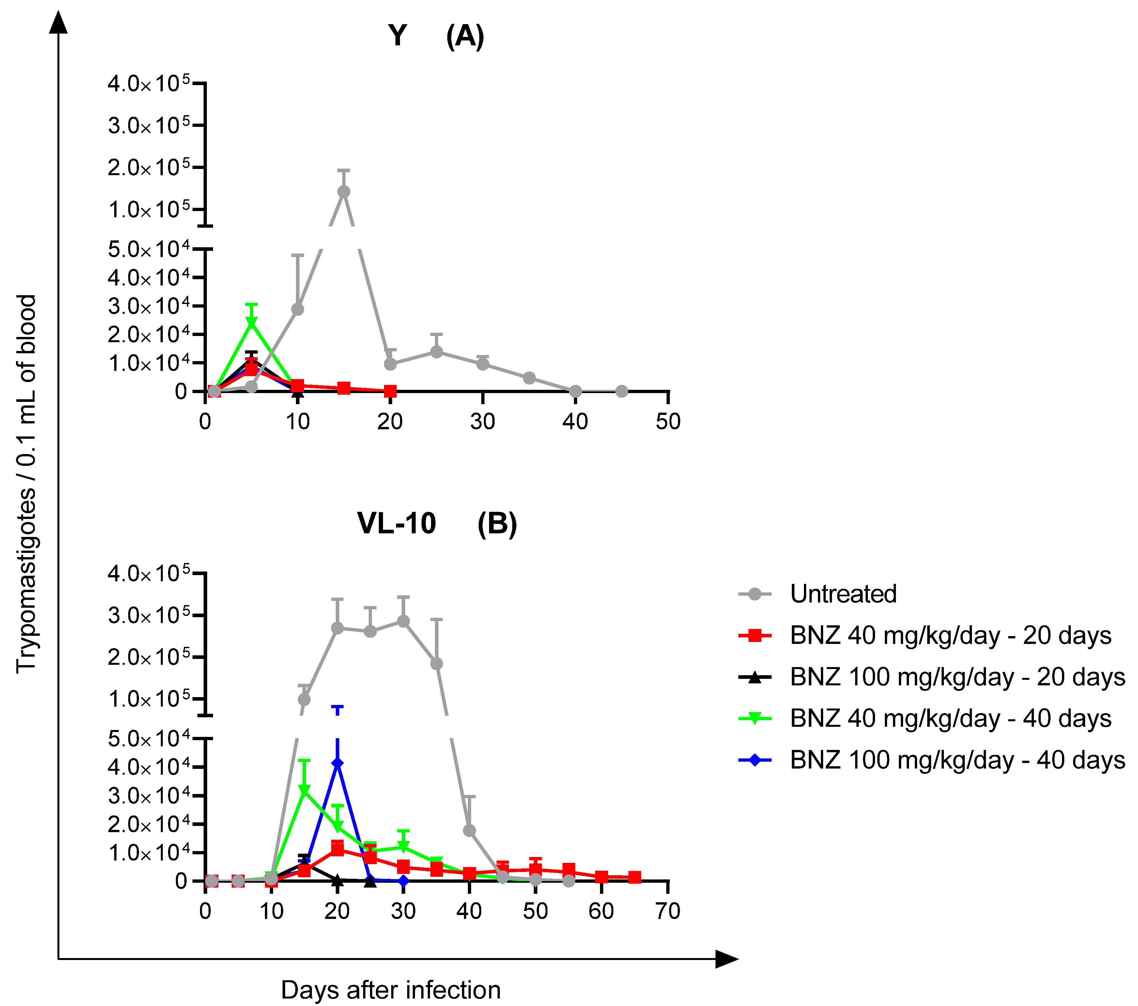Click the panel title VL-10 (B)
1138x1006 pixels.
[437, 524]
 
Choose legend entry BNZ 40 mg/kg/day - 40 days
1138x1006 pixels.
[950, 719]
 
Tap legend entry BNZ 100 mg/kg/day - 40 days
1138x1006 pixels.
[957, 760]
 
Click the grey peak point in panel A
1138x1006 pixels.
[344, 191]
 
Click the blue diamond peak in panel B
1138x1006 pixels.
[337, 763]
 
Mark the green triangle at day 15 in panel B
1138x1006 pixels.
[304, 790]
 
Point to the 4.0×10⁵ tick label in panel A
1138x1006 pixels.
[149, 84]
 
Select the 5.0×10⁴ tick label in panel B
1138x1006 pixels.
[149, 739]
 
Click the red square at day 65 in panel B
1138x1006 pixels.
[634, 878]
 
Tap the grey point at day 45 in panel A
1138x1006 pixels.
[622, 391]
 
